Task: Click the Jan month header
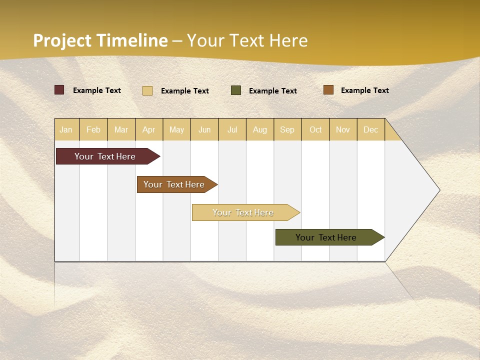point(66,129)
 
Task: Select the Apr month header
point(149,129)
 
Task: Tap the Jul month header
point(232,129)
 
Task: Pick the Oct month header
point(315,129)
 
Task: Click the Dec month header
point(370,129)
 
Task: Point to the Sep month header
point(287,129)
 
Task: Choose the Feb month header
point(93,129)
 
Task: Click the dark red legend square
point(59,90)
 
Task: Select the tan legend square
point(147,90)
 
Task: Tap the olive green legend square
point(236,90)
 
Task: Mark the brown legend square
point(328,90)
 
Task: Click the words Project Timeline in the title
point(100,40)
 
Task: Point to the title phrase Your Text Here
point(247,40)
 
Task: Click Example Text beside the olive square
point(273,91)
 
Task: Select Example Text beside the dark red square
point(97,90)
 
